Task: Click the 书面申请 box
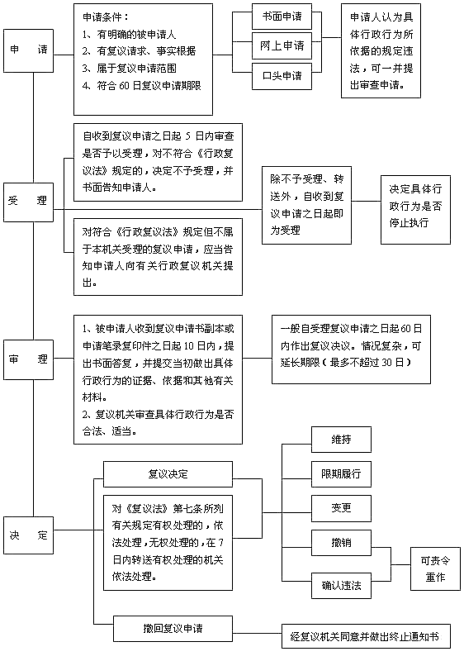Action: coord(282,17)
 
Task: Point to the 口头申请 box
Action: coord(282,76)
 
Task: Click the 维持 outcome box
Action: coord(341,439)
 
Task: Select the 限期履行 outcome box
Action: coord(341,474)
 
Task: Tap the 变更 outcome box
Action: coord(341,507)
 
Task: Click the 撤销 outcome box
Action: coord(341,542)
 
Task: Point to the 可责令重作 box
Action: coord(435,567)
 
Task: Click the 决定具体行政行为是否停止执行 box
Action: coord(415,209)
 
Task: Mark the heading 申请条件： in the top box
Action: coord(107,16)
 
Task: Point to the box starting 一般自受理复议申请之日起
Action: coord(351,349)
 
